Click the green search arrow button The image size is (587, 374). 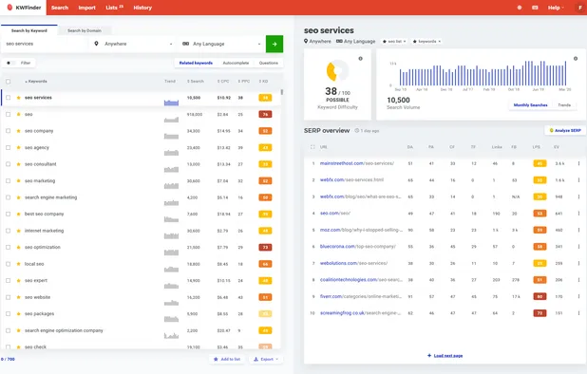click(x=274, y=43)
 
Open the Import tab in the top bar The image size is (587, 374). click(x=86, y=8)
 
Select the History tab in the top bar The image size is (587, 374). click(x=142, y=8)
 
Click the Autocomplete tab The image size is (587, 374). click(x=236, y=63)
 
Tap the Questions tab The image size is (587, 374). click(x=269, y=63)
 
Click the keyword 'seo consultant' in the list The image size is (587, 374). click(x=40, y=164)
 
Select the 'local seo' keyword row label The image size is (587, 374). click(x=35, y=263)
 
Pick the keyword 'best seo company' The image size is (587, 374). click(x=44, y=214)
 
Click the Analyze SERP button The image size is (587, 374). click(x=563, y=130)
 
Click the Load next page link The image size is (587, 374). click(x=445, y=355)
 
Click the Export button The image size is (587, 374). click(x=267, y=360)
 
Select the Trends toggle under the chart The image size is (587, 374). click(x=564, y=105)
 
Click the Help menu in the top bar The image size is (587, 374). click(x=557, y=8)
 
